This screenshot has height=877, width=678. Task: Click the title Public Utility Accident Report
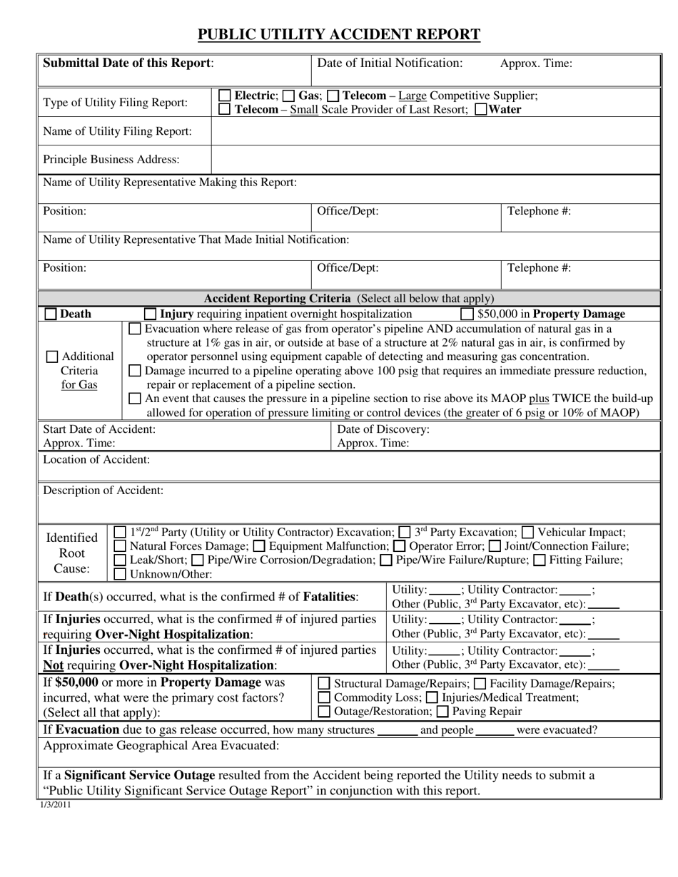click(x=338, y=34)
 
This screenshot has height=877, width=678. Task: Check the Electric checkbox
click(x=224, y=96)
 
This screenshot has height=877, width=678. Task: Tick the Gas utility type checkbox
click(x=288, y=96)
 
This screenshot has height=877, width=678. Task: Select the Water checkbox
click(x=481, y=110)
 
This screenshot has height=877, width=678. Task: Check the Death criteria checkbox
click(x=51, y=314)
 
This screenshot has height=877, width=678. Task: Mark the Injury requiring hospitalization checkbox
click(x=150, y=314)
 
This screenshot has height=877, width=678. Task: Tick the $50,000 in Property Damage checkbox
click(x=467, y=314)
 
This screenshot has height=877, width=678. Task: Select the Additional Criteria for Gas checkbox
click(x=52, y=357)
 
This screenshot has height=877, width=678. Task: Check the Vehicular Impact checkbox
click(x=528, y=533)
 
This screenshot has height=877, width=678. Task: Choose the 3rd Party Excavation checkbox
click(x=405, y=533)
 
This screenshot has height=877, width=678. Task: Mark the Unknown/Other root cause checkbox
click(x=121, y=574)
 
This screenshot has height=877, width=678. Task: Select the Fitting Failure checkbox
click(x=540, y=560)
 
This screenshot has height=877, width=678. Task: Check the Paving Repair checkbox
click(x=442, y=712)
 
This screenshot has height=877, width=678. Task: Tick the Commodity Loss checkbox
click(x=323, y=697)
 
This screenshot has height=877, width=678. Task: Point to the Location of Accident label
click(x=97, y=460)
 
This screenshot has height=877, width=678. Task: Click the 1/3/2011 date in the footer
click(x=56, y=805)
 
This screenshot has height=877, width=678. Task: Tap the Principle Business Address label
click(x=111, y=159)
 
